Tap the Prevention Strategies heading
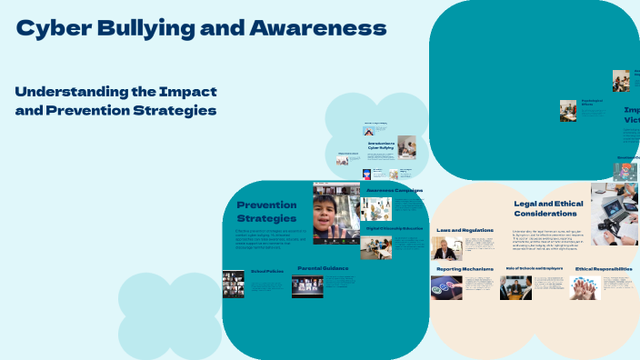266,211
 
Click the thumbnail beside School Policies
234,284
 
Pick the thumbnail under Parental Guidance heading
306,286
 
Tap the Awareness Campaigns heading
395,190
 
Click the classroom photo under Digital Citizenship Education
375,247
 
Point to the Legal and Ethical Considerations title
545,208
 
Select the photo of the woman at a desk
447,249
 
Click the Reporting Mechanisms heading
464,269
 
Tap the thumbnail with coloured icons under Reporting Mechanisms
446,287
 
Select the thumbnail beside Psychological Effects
568,110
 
